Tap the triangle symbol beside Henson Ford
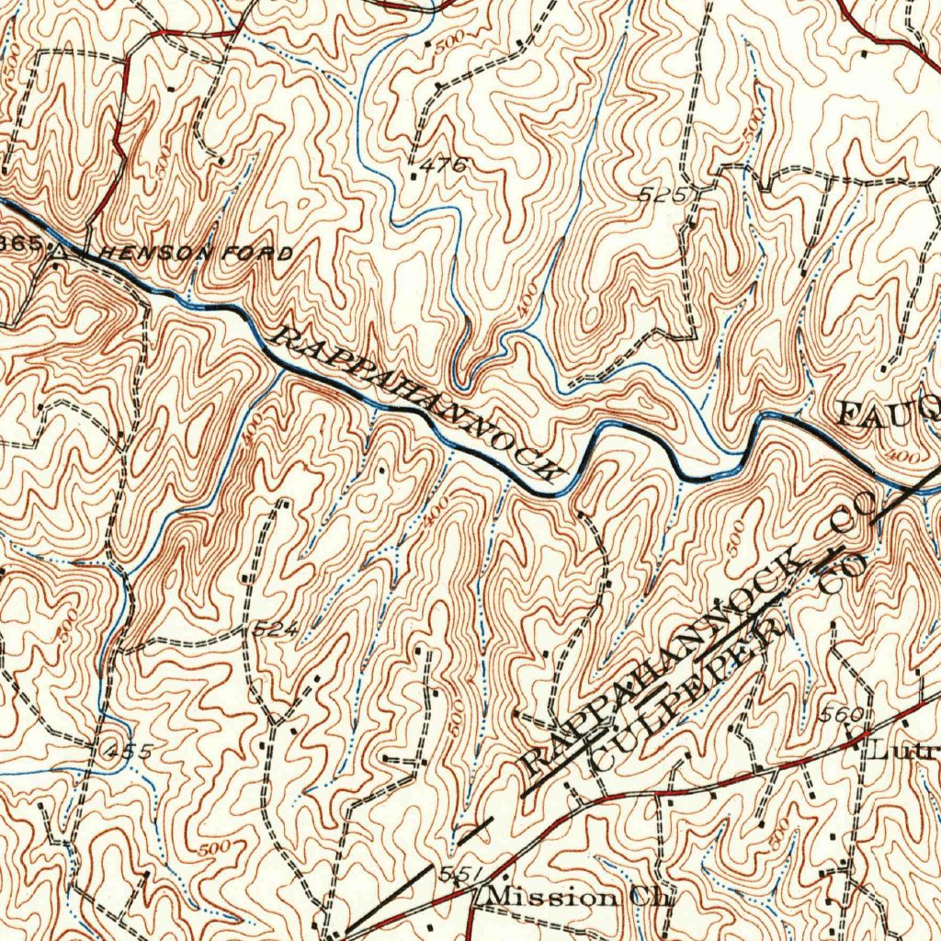click(x=60, y=249)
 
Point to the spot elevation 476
click(x=450, y=165)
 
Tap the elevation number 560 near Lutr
click(x=843, y=715)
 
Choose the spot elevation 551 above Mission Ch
click(x=456, y=873)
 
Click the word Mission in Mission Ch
click(x=546, y=897)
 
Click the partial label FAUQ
click(x=888, y=409)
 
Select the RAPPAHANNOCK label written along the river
click(x=419, y=404)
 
